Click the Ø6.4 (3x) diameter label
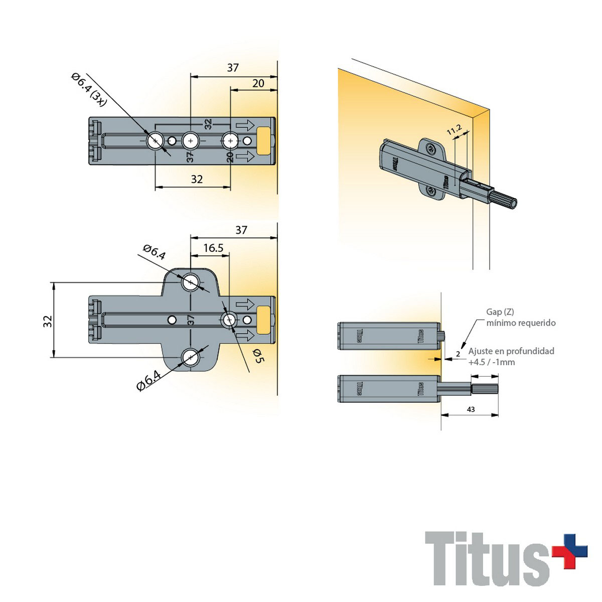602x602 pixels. pyautogui.click(x=89, y=89)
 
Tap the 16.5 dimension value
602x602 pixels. pyautogui.click(x=213, y=248)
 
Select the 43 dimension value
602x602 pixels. pyautogui.click(x=471, y=409)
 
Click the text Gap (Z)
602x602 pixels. pyautogui.click(x=500, y=312)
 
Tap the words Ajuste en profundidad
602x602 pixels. pyautogui.click(x=511, y=351)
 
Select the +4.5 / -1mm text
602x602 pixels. pyautogui.click(x=492, y=362)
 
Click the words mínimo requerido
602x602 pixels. pyautogui.click(x=521, y=323)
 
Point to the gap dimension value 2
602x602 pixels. pyautogui.click(x=458, y=354)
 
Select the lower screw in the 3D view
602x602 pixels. pyautogui.click(x=432, y=190)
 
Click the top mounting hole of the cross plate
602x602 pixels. pyautogui.click(x=190, y=282)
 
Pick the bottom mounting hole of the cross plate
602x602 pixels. pyautogui.click(x=190, y=357)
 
